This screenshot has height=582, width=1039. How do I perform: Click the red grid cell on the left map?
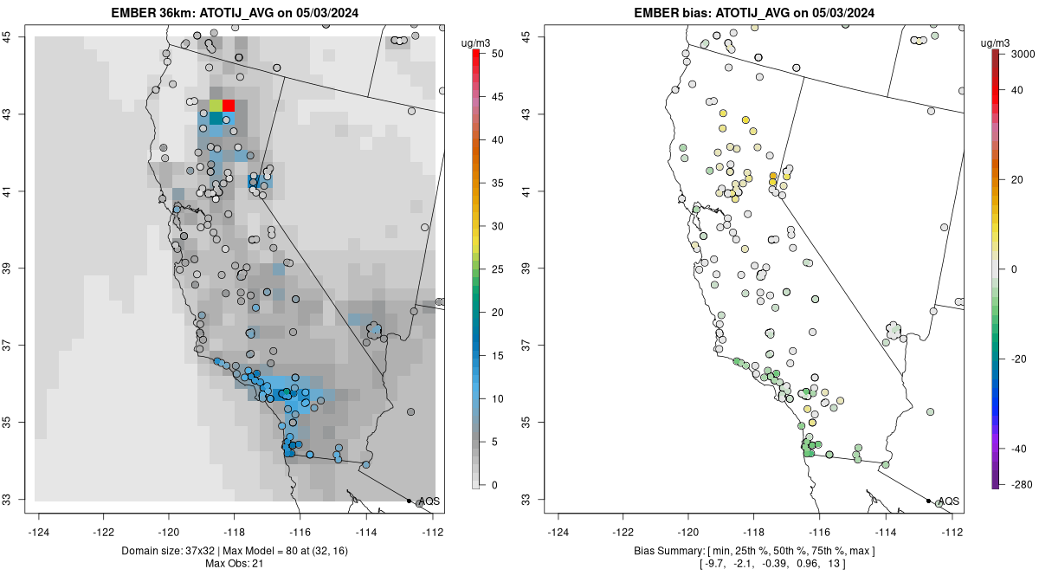(229, 106)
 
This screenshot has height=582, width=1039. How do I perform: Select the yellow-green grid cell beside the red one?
(216, 106)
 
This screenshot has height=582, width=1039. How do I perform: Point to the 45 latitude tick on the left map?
(16, 36)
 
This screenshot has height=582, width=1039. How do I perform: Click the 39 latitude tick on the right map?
(536, 268)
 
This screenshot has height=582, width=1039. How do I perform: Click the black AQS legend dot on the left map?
(409, 501)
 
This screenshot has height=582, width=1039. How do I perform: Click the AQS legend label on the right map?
(949, 501)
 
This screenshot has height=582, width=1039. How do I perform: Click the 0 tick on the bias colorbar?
(1013, 269)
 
